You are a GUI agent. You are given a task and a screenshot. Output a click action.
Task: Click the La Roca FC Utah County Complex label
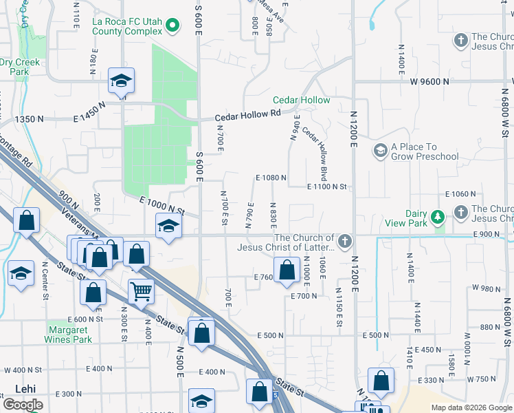127,27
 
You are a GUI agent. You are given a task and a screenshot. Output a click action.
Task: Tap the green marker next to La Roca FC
172,27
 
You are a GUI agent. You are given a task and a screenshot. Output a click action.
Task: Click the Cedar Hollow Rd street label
248,116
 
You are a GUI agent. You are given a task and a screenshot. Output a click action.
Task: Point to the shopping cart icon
141,291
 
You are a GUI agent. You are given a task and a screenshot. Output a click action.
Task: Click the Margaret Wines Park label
68,335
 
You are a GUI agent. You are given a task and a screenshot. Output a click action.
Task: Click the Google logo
23,405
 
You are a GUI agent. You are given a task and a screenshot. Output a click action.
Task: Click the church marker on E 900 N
344,241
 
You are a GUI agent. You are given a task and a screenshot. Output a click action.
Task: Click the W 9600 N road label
429,81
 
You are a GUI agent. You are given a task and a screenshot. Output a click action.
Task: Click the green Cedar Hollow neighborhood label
301,100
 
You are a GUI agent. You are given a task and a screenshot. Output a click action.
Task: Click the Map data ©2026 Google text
471,407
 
